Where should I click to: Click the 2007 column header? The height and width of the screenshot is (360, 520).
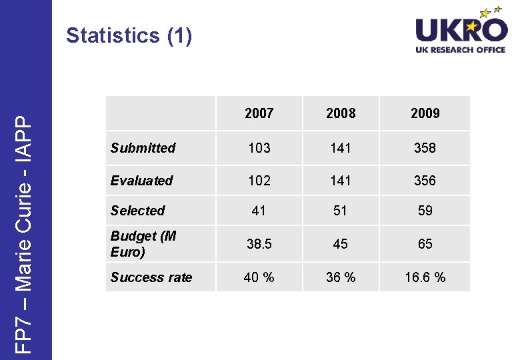click(x=259, y=113)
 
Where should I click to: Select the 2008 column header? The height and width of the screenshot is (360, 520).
click(x=341, y=113)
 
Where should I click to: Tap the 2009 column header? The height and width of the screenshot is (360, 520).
click(x=425, y=113)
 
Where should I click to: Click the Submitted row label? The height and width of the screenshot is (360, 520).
click(x=143, y=148)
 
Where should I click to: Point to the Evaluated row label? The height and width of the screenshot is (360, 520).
click(x=141, y=181)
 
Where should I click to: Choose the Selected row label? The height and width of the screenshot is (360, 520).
click(x=137, y=211)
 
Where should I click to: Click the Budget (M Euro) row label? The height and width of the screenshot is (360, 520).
click(x=143, y=244)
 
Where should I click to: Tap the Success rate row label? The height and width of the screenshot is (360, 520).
click(x=151, y=277)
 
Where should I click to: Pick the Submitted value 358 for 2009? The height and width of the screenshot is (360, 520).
click(x=425, y=148)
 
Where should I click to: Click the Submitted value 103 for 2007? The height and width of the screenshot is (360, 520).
click(x=259, y=148)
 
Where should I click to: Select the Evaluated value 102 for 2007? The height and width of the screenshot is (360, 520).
click(x=259, y=181)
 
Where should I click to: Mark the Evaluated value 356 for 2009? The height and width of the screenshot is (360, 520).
click(x=425, y=181)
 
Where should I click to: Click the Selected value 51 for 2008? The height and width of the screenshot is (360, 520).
click(x=341, y=211)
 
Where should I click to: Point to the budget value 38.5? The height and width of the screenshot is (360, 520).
click(x=259, y=244)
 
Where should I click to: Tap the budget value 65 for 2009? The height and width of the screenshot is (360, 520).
click(x=425, y=244)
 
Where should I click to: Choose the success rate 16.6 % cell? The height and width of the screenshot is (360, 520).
click(x=425, y=277)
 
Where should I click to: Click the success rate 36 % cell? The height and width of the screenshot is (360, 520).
click(x=341, y=277)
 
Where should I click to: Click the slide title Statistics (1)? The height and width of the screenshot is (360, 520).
click(x=129, y=35)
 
